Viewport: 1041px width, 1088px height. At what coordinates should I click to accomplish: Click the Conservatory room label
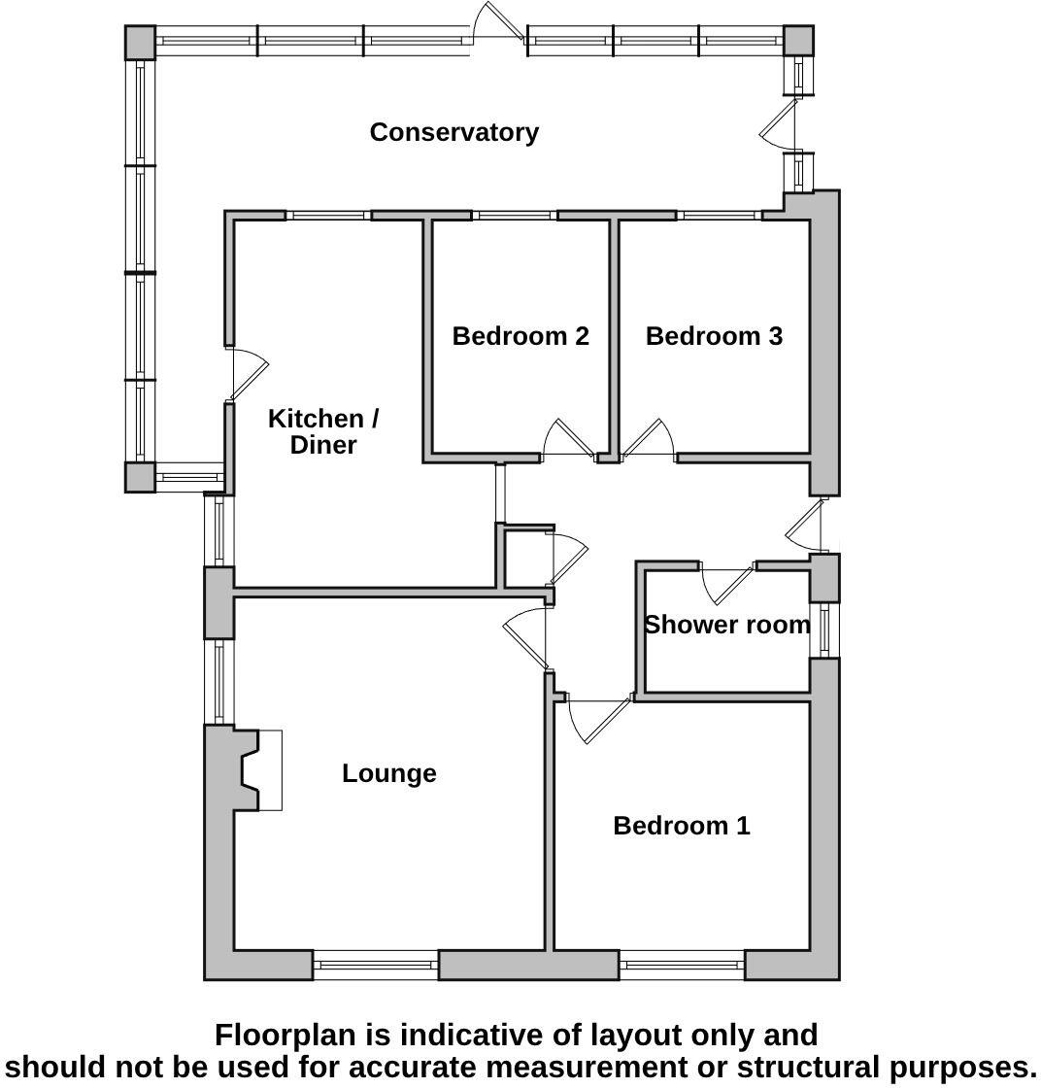(x=453, y=132)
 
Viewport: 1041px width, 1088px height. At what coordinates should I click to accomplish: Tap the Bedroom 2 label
(x=520, y=336)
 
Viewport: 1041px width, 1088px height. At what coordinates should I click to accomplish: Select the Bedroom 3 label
(x=714, y=336)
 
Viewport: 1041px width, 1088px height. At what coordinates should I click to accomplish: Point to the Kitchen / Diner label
(x=323, y=432)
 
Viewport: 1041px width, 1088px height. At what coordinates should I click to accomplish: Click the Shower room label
(x=726, y=625)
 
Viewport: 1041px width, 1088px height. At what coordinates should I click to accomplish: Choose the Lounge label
(x=388, y=773)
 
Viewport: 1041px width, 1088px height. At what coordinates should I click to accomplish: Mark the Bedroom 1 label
(x=682, y=826)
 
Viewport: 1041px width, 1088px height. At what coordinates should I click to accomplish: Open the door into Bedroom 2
(x=567, y=440)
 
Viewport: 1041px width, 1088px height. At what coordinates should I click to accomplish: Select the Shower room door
(x=726, y=580)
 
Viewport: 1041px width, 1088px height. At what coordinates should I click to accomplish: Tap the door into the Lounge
(x=527, y=636)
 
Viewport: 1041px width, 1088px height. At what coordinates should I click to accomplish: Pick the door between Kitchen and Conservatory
(x=248, y=374)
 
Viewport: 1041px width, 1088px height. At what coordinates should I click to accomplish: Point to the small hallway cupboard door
(x=568, y=558)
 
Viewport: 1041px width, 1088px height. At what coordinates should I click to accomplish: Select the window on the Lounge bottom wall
(x=376, y=965)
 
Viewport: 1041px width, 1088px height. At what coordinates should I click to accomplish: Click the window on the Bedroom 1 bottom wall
(x=682, y=965)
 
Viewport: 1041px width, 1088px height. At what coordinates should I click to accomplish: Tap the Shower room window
(x=825, y=629)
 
